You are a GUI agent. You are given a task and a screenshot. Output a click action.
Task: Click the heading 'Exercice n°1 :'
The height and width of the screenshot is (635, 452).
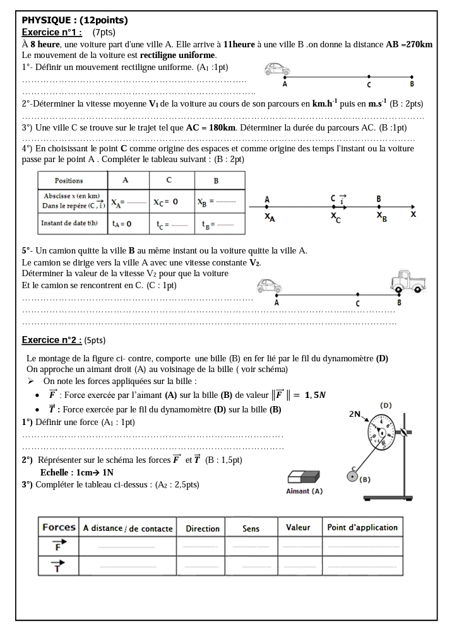(x=52, y=32)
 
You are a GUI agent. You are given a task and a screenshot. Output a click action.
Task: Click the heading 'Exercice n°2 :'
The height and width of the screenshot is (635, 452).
(x=52, y=340)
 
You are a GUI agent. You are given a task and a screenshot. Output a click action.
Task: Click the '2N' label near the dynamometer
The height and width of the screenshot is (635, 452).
(x=355, y=414)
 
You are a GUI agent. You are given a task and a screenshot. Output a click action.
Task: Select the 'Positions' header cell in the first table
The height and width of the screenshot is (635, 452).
(x=69, y=180)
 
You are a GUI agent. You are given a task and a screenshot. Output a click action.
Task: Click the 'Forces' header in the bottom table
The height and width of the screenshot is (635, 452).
(x=59, y=527)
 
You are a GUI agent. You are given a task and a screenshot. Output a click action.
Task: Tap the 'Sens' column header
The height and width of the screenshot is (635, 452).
(x=251, y=528)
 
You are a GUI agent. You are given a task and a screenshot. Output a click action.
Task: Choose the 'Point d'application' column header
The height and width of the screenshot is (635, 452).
(x=362, y=527)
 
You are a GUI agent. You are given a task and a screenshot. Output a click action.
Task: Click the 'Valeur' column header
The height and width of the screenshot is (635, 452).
(x=298, y=527)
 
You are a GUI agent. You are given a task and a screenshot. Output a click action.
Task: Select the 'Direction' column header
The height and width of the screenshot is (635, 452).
(x=203, y=528)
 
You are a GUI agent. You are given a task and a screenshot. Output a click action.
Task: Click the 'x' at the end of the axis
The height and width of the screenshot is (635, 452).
(x=413, y=214)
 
